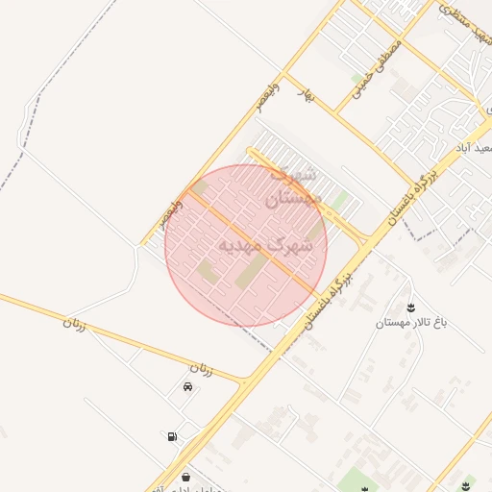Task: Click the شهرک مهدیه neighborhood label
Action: (x=266, y=245)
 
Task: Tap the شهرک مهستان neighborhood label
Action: (x=289, y=187)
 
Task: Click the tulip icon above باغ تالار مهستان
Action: (x=412, y=308)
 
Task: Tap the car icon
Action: (x=186, y=386)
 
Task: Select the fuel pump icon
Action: (x=172, y=436)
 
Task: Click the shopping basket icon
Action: (x=185, y=477)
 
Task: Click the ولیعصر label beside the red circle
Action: (x=174, y=209)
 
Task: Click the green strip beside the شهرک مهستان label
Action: (x=338, y=201)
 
